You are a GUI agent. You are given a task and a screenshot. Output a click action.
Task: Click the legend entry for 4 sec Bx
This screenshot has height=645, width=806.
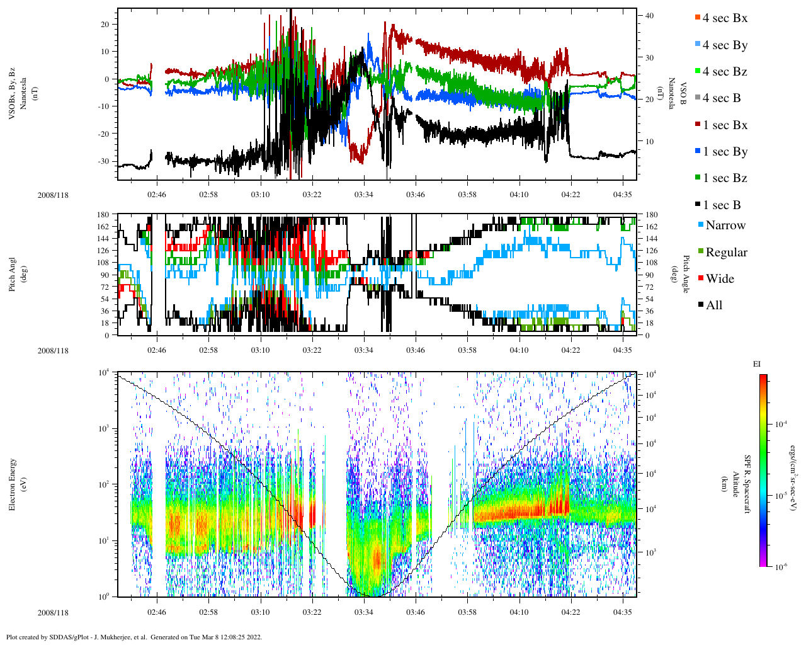[x=725, y=18]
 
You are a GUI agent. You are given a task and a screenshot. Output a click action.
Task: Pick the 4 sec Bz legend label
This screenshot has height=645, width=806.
[x=725, y=72]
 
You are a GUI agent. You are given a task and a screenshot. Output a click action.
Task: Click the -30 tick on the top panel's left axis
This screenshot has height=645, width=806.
[x=103, y=161]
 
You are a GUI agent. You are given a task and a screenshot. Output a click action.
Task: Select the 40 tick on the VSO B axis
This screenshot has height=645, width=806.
[x=649, y=16]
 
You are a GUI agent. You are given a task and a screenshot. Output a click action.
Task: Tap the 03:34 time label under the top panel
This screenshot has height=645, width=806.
[x=364, y=195]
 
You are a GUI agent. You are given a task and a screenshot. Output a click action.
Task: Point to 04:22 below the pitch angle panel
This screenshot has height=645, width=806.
[x=571, y=350]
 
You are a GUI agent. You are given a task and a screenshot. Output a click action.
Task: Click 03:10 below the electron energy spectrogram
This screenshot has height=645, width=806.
[x=260, y=612]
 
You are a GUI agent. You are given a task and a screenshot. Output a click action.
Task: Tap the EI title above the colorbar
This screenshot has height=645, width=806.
[x=757, y=364]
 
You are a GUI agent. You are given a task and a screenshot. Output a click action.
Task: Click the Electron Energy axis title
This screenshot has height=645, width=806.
[x=13, y=484]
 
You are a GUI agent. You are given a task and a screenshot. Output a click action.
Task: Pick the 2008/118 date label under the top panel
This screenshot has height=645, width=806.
[x=53, y=195]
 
